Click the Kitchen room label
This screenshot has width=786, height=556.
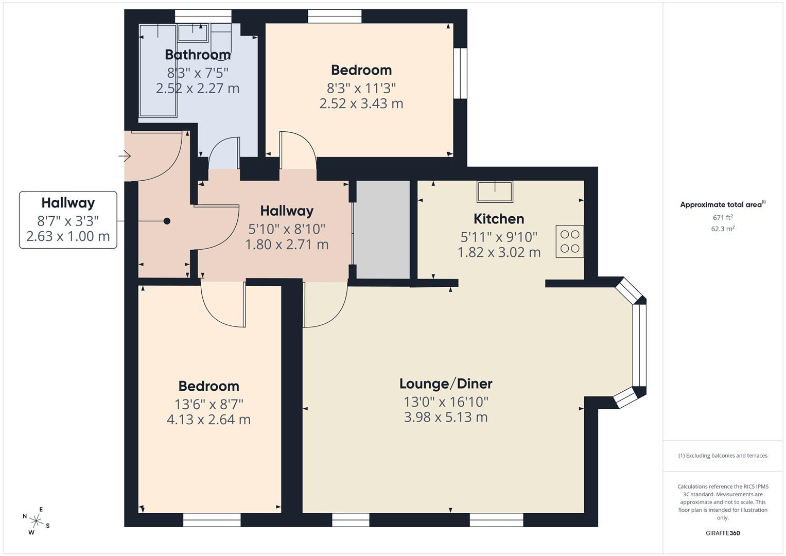click(498, 219)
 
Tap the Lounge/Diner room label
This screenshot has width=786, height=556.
click(446, 384)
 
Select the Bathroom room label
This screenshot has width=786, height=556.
click(198, 55)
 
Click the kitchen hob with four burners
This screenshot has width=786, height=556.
click(570, 241)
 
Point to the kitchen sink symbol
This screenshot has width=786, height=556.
click(495, 192)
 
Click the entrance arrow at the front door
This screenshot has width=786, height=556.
click(125, 155)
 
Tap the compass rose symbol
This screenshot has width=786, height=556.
click(36, 520)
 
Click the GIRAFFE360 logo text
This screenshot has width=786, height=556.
click(722, 533)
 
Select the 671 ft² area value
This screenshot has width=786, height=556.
click(723, 218)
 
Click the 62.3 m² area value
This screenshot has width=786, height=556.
click(723, 229)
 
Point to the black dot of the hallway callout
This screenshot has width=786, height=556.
click(167, 221)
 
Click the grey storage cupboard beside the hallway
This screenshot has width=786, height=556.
click(382, 230)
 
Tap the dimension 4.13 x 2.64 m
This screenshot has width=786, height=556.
click(208, 420)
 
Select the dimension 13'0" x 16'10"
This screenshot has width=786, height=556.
click(446, 402)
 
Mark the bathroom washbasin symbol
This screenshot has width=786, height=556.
click(193, 32)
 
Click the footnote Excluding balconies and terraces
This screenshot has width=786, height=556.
click(723, 456)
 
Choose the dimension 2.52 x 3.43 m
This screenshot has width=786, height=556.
click(361, 103)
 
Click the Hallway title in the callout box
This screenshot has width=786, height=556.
click(68, 203)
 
